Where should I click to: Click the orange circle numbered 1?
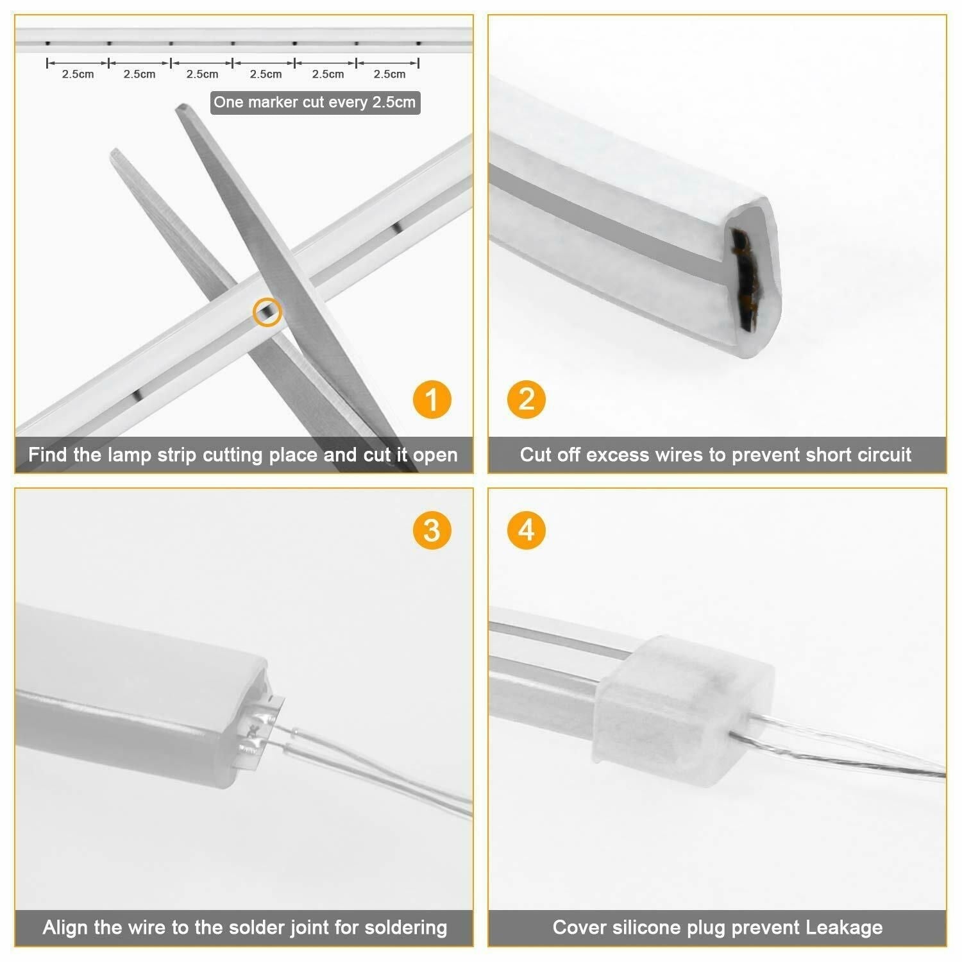tap(432, 400)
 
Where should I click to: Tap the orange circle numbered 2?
tap(526, 400)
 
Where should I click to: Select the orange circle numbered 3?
tap(432, 531)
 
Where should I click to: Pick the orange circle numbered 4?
tap(526, 531)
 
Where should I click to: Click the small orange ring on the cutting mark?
tap(267, 312)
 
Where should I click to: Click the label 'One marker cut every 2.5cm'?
tap(315, 103)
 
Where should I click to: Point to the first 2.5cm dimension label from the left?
tap(78, 74)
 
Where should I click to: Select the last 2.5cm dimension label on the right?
tap(389, 74)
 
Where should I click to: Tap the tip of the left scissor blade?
tap(115, 153)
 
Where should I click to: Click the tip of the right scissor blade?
tap(181, 108)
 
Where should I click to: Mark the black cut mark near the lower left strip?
tap(137, 395)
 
